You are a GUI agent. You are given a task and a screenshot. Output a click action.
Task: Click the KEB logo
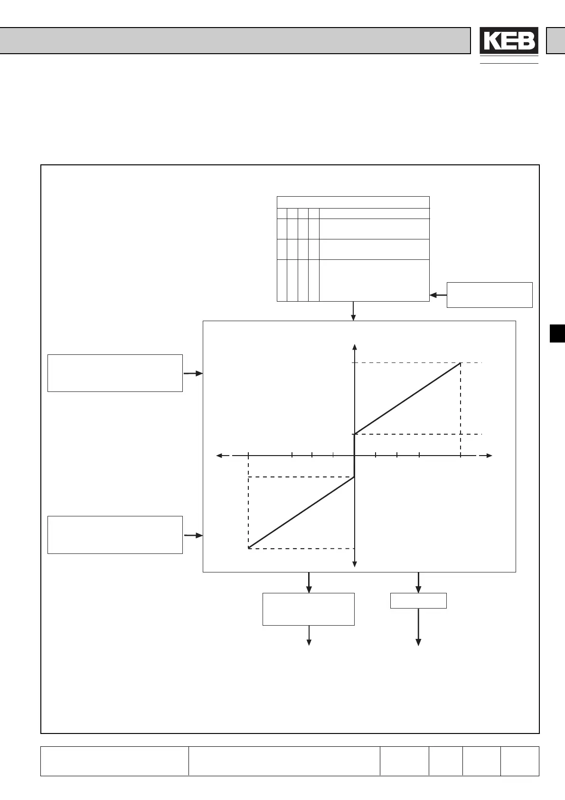coord(508,41)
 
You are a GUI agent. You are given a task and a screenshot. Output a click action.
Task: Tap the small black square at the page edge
coord(557,333)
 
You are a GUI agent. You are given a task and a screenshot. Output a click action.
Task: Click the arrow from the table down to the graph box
coord(353,311)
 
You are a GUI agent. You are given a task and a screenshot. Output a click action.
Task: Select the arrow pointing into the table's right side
coord(438,295)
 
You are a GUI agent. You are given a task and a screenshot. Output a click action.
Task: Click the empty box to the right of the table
coord(490,295)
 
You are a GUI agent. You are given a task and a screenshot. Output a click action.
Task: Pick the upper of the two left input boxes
coord(115,373)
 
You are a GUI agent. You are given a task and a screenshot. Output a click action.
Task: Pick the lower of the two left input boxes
coord(115,534)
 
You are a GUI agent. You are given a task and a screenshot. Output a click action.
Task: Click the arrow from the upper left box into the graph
coord(193,373)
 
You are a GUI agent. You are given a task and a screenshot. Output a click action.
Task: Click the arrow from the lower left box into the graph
coord(193,535)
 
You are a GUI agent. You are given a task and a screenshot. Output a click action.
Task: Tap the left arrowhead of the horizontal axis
coord(220,456)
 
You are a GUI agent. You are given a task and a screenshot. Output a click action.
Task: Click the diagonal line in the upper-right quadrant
coord(407,399)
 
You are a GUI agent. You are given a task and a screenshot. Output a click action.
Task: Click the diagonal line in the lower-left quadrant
coord(301,513)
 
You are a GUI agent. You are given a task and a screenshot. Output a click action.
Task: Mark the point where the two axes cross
coord(355,456)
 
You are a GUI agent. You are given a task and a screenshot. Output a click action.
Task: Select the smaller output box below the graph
coord(418,600)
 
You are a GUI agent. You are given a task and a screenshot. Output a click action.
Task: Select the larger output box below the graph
coord(309,609)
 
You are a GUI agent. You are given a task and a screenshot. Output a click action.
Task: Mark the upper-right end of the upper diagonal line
coord(460,363)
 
